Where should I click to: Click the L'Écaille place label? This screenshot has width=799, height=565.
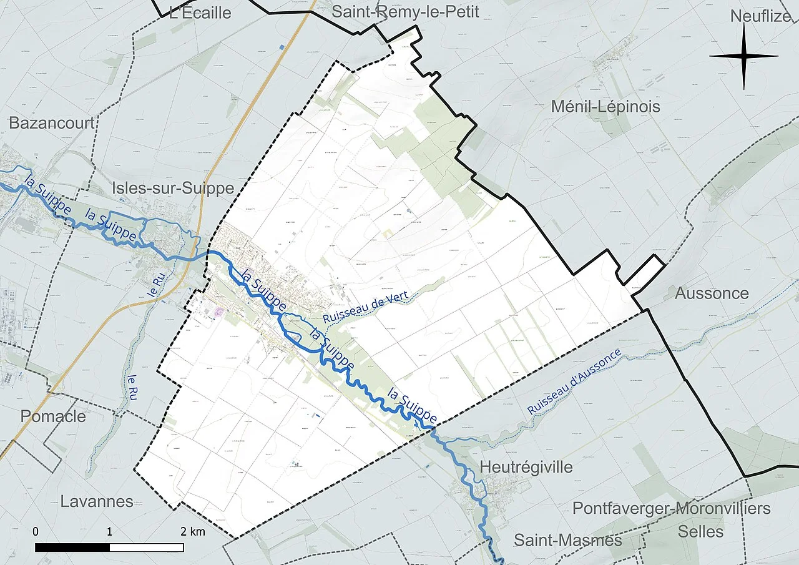[x=200, y=13]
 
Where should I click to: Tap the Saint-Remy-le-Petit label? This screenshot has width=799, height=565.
[x=405, y=12]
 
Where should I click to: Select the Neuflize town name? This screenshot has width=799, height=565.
[x=760, y=16]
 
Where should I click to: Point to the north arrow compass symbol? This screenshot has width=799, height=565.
[x=744, y=57]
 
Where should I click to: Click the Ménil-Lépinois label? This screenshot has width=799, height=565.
[x=605, y=107]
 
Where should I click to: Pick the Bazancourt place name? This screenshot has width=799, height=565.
[x=51, y=123]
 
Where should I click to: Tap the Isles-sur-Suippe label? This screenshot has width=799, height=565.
[x=173, y=188]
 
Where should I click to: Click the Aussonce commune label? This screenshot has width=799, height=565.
[x=711, y=293]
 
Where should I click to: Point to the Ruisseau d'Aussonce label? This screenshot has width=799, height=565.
[x=574, y=381]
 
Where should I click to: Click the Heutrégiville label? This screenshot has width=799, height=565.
[x=526, y=467]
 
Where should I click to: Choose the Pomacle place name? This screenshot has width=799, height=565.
[x=53, y=416]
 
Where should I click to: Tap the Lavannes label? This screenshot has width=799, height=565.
[x=97, y=501]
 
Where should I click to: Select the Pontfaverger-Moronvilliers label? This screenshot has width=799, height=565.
[x=671, y=508]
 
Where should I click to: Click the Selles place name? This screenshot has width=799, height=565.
[x=701, y=532]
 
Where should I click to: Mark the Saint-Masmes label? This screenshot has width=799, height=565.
[x=567, y=540]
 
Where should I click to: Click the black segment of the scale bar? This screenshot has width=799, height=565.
[x=72, y=548]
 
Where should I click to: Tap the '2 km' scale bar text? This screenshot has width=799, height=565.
[x=193, y=532]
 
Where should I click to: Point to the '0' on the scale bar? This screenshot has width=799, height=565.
[x=36, y=532]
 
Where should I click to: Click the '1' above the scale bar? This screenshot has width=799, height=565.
[x=110, y=532]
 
